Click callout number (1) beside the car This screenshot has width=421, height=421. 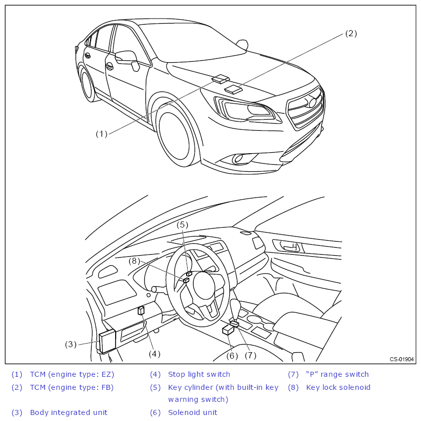(102, 134)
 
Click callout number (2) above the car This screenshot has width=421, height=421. (351, 34)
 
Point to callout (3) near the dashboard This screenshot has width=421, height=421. (70, 344)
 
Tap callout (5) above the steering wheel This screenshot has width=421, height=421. (182, 225)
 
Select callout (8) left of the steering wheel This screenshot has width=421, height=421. (134, 261)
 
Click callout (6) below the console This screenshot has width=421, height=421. (232, 355)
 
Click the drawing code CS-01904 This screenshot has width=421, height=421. (401, 359)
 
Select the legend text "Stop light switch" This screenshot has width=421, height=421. (199, 374)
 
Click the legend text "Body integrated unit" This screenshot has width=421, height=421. (68, 412)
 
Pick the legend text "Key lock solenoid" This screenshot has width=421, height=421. (338, 387)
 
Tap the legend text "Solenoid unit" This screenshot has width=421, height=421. (193, 412)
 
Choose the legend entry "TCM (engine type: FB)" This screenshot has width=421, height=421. (72, 387)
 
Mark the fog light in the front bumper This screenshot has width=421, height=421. (237, 159)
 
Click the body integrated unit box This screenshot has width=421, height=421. (107, 342)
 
